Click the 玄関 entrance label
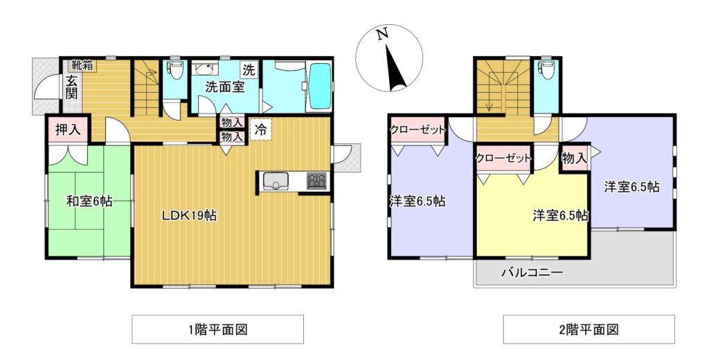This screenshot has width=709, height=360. [72, 86]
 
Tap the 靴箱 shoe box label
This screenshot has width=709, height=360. [82, 66]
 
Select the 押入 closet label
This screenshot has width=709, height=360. [66, 129]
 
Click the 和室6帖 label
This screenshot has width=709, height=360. [89, 201]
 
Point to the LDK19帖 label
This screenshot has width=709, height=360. [190, 215]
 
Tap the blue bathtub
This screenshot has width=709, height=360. [320, 87]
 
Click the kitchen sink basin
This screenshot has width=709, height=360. [276, 181]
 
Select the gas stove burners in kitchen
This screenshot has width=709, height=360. [317, 181]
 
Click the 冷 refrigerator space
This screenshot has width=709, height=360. [260, 129]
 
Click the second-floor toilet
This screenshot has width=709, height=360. [549, 71]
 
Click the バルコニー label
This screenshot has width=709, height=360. [532, 273]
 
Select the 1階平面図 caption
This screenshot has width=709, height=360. [217, 330]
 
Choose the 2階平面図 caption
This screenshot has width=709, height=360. [589, 330]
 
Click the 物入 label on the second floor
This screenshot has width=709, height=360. [575, 159]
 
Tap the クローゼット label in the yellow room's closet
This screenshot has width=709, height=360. [503, 158]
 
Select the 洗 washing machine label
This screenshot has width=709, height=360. [248, 69]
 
